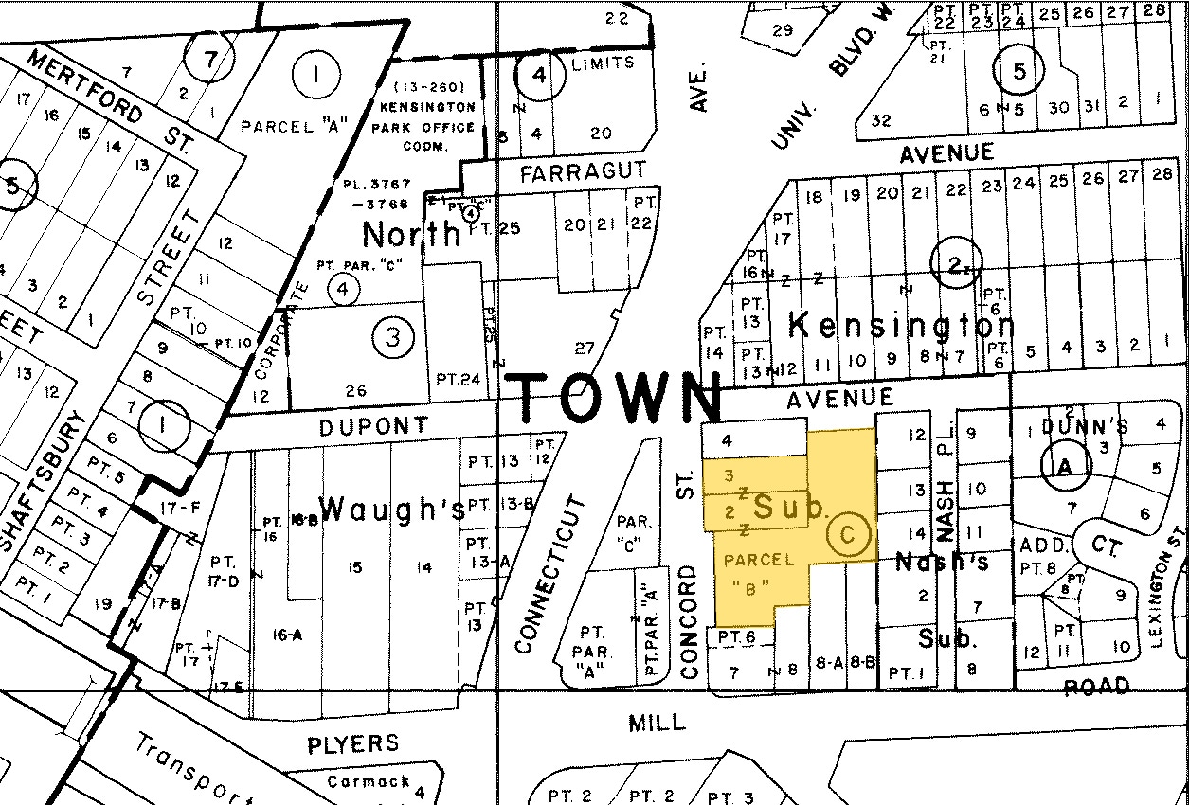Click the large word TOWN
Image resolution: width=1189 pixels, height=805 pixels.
pos(616,397)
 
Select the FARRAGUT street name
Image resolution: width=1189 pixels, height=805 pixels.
pos(584,172)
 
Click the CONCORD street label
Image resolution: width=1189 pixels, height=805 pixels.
pos(689,621)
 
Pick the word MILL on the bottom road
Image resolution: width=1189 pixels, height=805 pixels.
pos(657,723)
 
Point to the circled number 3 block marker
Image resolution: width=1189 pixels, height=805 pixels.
pos(393,336)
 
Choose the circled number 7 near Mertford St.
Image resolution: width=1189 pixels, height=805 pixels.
pos(209,59)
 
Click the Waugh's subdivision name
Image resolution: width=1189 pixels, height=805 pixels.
pos(392,510)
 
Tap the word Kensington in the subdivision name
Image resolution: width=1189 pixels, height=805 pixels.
pos(901,327)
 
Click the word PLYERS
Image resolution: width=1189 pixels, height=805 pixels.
pos(352,744)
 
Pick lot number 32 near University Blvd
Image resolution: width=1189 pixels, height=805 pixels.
pos(881,120)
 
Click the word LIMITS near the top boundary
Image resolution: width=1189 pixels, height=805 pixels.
pos(603,63)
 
